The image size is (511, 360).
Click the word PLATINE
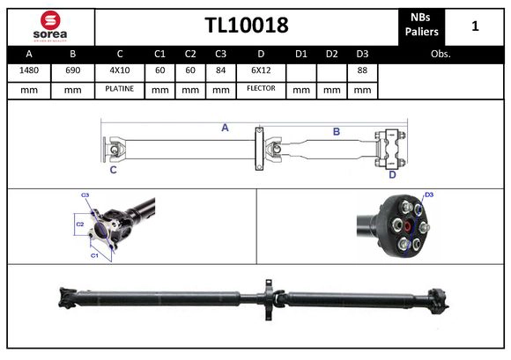coord(120,89)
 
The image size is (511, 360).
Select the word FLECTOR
coord(261,89)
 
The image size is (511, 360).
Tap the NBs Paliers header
coord(421,26)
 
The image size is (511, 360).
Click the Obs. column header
coord(441,54)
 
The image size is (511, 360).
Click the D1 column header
coord(301,54)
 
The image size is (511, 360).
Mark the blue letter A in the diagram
coord(225,129)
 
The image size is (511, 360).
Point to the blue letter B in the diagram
coord(336,132)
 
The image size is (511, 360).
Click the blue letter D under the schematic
coord(392,174)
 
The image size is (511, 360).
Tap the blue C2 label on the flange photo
coord(79,224)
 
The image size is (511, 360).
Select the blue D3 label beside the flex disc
coord(429,195)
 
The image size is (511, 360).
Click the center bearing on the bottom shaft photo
coord(268,292)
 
